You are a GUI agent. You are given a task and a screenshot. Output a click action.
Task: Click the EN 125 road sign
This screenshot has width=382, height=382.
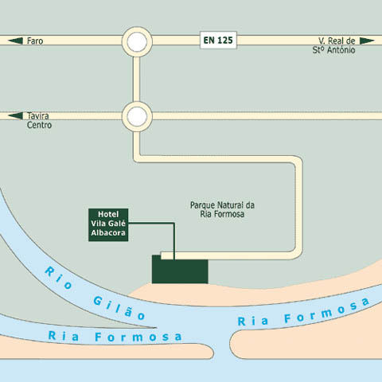218,40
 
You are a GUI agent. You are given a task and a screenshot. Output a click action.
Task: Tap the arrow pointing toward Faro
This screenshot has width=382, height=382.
15,41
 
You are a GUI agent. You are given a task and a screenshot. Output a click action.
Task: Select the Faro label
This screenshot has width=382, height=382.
35,41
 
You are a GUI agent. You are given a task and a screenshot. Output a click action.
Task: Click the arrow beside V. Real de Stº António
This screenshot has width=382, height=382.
367,41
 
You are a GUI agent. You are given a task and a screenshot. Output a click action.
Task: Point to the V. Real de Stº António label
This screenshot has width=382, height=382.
333,45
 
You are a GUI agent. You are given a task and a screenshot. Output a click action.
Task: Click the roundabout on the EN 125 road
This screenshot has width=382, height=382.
137,41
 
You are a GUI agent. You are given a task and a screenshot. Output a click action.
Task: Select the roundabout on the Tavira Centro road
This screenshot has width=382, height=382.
137,116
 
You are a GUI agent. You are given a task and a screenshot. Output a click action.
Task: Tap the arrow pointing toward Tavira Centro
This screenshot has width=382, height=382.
15,116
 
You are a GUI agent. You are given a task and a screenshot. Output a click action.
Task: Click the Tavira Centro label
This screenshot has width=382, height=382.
39,120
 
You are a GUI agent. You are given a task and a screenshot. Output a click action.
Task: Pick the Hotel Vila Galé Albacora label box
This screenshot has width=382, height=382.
108,225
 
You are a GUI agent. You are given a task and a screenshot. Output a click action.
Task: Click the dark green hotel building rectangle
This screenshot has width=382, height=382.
180,269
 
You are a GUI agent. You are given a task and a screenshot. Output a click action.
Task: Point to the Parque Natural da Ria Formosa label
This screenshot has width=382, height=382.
222,209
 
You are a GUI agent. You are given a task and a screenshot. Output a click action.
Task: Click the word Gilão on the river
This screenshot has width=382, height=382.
119,308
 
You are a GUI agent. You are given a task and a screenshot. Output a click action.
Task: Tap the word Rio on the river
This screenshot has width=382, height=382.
58,278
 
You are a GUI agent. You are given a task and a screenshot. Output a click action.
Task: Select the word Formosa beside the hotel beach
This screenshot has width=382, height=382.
327,310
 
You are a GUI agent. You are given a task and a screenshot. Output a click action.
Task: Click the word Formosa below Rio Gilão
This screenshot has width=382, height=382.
138,337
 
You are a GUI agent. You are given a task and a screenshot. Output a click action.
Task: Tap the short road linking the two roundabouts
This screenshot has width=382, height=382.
137,79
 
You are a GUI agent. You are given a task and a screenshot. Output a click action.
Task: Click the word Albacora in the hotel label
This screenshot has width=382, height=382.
108,233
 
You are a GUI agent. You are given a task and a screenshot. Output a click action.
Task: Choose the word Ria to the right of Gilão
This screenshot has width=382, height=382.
252,322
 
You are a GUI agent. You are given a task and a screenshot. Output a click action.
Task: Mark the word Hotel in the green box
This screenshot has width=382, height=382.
108,214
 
